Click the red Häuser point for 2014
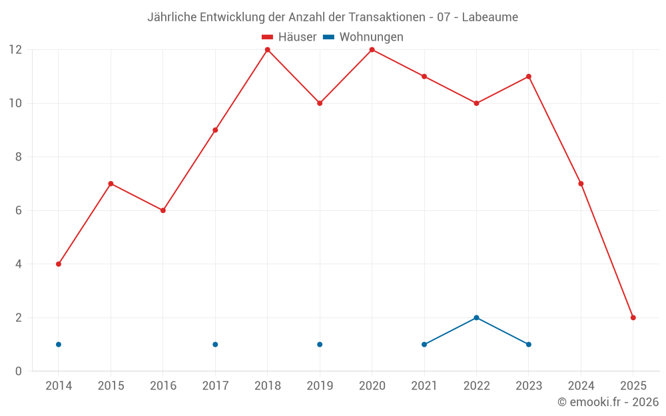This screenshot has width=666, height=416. [59, 264]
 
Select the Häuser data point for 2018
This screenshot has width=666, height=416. [268, 50]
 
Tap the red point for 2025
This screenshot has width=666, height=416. [633, 317]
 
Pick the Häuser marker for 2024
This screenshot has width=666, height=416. [581, 184]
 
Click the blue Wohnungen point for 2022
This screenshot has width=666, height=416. [476, 317]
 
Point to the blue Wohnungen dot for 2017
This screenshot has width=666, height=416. [215, 344]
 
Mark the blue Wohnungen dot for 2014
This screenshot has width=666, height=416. [59, 344]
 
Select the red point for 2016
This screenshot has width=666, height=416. [163, 210]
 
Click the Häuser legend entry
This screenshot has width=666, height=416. [289, 37]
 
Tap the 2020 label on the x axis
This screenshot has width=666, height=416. [372, 386]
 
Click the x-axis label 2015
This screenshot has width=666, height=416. [111, 386]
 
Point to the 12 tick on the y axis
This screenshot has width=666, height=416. [15, 50]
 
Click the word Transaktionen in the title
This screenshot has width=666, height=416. [386, 17]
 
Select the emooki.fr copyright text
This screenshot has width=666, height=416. [608, 402]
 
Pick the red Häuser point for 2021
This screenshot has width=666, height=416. [424, 77]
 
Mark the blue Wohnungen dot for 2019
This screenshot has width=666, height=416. [320, 344]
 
